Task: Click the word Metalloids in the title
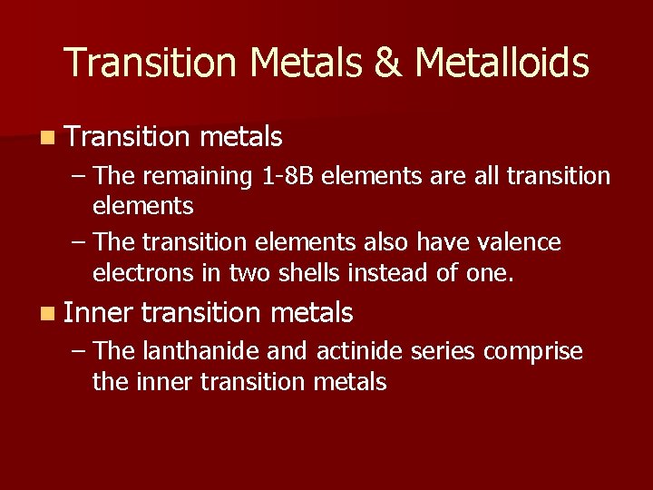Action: pos(502,64)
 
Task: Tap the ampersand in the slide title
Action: pos(386,64)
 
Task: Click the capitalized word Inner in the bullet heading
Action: pos(99,313)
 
